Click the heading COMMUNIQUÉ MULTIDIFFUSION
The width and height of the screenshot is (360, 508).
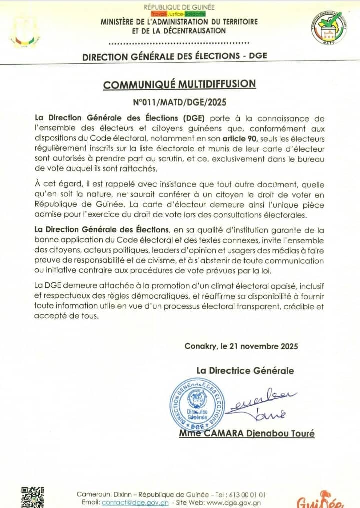(179, 84)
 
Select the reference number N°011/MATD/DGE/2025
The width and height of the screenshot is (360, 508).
(180, 103)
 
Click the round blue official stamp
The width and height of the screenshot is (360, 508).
(197, 405)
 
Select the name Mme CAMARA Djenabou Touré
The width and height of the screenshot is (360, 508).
(247, 434)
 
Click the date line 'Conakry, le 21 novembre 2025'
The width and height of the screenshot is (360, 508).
(241, 346)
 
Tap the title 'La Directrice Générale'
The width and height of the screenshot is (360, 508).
(245, 371)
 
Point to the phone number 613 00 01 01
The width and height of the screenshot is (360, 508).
(248, 494)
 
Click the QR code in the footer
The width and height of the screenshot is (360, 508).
(33, 497)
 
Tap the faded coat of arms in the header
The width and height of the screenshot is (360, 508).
(25, 31)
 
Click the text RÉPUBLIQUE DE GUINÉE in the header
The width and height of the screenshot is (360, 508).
(179, 7)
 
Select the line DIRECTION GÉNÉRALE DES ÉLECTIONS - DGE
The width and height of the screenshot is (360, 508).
(175, 56)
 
